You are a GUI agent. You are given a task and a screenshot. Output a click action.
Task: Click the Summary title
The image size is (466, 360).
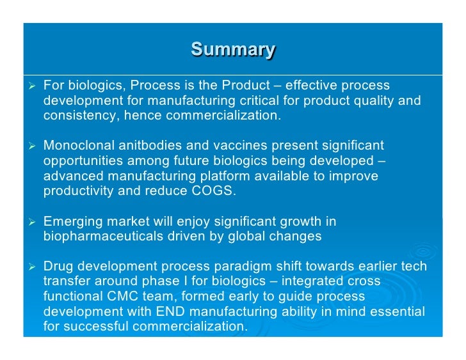point(233,49)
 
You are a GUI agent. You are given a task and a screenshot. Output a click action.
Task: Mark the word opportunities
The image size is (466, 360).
point(82,161)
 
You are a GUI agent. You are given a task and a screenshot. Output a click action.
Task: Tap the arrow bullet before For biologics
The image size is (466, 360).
point(30,86)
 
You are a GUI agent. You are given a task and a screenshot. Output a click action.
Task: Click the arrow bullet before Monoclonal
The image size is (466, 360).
point(30,146)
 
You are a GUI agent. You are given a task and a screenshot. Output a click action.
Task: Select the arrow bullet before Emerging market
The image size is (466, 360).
point(30,222)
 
